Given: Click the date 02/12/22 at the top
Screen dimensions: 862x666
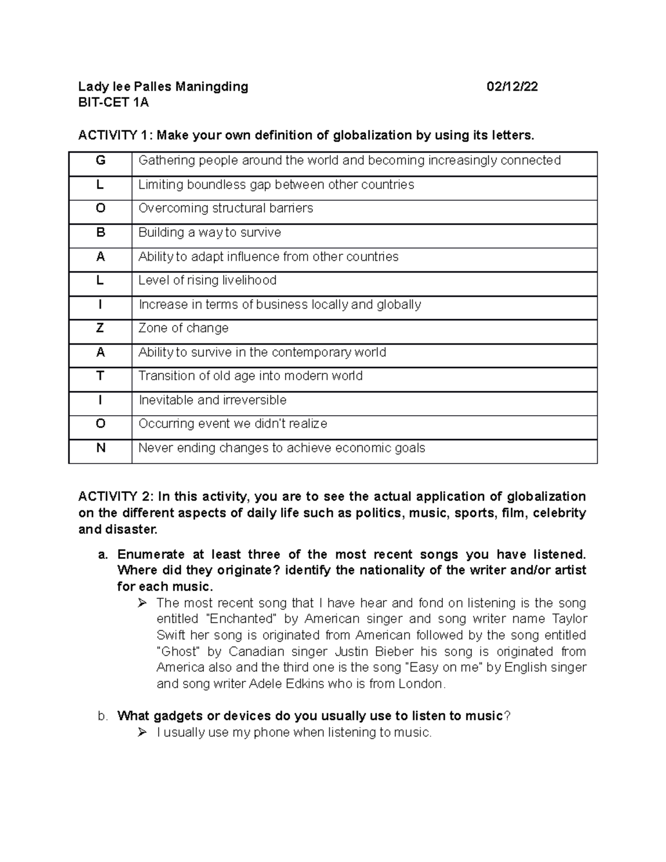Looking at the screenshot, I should pos(512,87).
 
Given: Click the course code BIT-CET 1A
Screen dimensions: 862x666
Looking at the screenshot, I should pos(113,103).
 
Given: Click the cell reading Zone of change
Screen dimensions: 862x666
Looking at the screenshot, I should pos(184,328).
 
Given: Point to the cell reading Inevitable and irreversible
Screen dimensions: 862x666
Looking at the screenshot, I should pos(213,400).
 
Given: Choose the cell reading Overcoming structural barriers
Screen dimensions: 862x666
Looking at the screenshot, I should pos(226,208).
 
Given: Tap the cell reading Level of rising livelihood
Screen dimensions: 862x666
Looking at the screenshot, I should pos(208,280).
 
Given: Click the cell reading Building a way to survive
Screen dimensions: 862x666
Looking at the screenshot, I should pos(210,233).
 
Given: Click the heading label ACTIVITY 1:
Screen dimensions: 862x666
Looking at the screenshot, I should pos(116,135).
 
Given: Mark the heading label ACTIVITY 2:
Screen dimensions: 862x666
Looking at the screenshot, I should pos(116,496).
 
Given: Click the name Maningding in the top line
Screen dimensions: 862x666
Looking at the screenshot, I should pos(212,87).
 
